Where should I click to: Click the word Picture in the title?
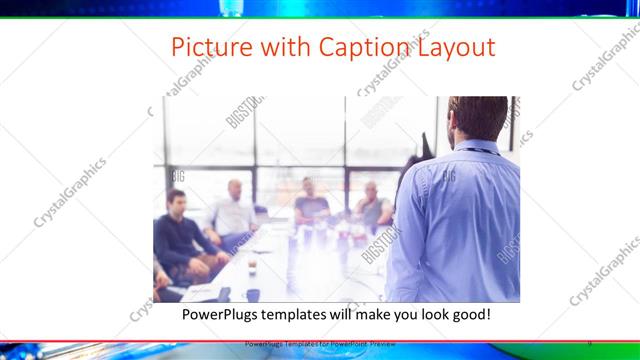point(204,48)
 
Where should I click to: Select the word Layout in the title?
point(455,48)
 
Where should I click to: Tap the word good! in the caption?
point(468,315)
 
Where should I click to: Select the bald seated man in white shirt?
point(233,212)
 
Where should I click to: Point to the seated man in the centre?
point(311,205)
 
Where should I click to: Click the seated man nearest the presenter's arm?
point(372,207)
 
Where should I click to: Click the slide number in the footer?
point(589,343)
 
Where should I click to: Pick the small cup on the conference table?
point(252,267)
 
